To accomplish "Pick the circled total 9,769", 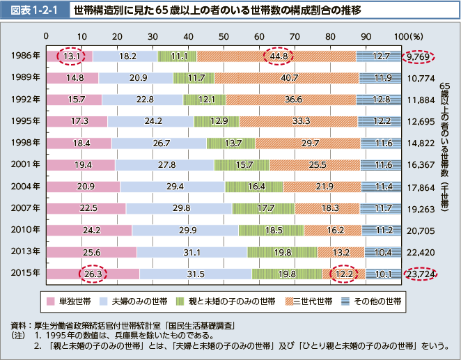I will [x=421, y=56].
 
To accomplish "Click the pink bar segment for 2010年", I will [x=88, y=230].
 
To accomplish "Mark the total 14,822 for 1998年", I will [x=421, y=143].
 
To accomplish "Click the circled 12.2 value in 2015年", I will [x=344, y=274].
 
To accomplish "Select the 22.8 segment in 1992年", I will [x=145, y=100].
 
